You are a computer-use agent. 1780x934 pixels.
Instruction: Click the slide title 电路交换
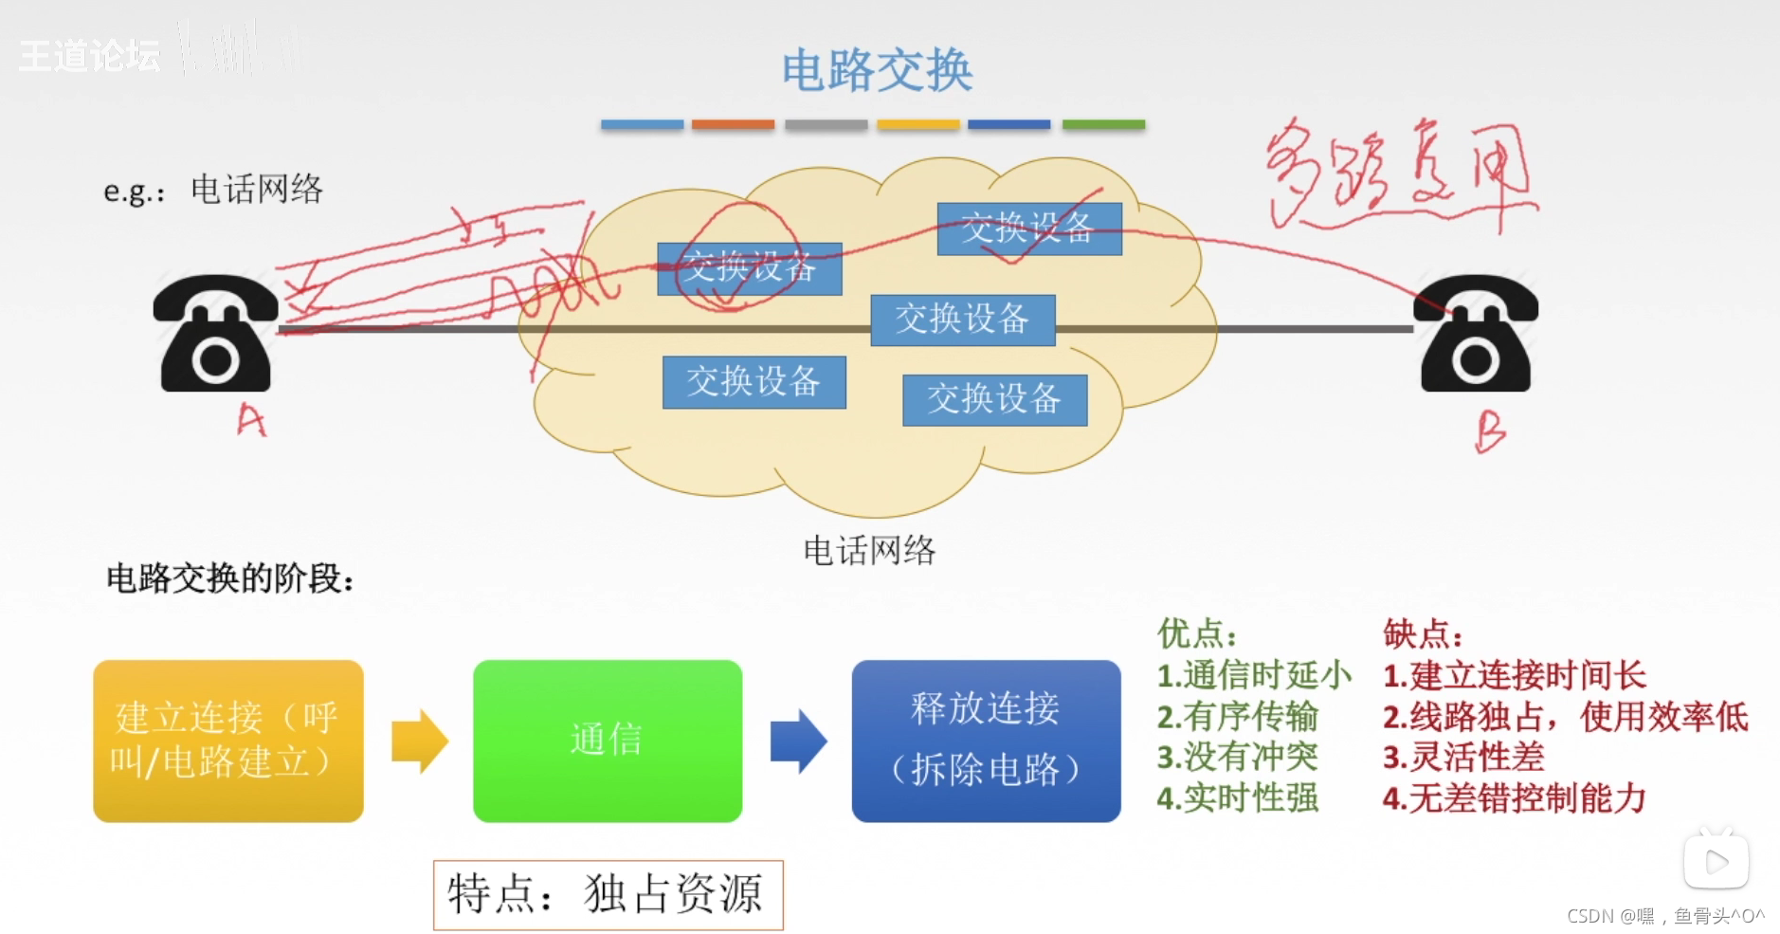[877, 71]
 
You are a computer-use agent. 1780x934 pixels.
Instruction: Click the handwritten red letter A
[251, 419]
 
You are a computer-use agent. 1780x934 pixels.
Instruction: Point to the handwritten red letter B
[1489, 431]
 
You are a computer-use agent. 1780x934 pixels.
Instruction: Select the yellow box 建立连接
[227, 741]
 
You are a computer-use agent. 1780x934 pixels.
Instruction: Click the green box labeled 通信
[607, 741]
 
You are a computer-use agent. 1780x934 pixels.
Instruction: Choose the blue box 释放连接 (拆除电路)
[986, 741]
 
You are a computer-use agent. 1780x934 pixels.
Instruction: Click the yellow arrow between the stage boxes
[419, 741]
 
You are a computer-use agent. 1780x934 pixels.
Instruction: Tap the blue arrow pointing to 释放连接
[798, 741]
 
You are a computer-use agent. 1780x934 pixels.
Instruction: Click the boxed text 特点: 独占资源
[608, 894]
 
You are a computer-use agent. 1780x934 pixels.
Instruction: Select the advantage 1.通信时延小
[1253, 675]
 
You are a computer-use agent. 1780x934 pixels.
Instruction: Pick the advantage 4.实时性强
[1237, 798]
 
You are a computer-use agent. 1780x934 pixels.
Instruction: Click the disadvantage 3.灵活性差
[1463, 757]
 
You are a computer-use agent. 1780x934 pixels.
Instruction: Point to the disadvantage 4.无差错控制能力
[1514, 798]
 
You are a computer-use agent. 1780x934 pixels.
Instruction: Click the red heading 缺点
[1422, 633]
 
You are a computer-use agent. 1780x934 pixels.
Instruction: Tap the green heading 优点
[1196, 633]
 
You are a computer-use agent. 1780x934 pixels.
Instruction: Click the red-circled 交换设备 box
[749, 268]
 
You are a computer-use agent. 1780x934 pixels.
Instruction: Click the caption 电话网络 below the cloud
[869, 550]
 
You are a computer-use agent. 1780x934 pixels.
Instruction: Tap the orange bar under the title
[733, 124]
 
